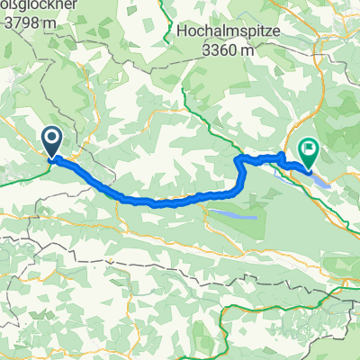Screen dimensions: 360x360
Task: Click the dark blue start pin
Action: click(x=51, y=140)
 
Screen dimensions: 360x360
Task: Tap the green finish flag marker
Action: click(x=308, y=153)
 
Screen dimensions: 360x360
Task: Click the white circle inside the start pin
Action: click(x=51, y=138)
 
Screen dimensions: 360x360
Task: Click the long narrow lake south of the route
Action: click(x=231, y=216)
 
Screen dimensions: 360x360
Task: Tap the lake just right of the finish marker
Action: click(x=321, y=179)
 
